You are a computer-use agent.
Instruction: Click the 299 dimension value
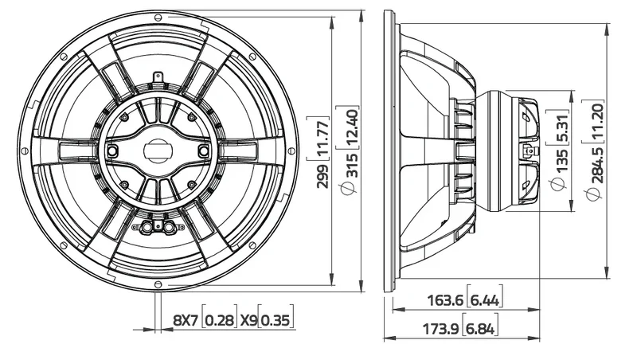click(x=323, y=176)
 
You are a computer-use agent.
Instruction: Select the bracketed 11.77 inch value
click(x=323, y=139)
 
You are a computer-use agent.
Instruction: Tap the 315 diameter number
click(x=352, y=166)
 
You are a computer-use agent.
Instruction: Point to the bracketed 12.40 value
click(x=352, y=128)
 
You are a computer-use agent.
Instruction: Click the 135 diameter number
click(x=561, y=161)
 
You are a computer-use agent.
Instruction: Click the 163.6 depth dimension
click(x=445, y=300)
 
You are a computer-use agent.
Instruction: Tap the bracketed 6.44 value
click(x=485, y=300)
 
